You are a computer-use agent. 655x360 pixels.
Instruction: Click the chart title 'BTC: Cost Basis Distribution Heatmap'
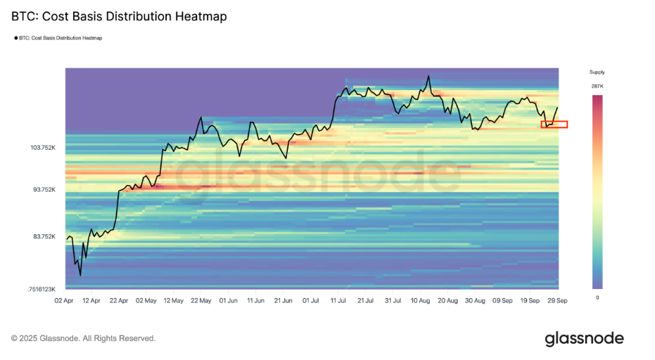[119, 16]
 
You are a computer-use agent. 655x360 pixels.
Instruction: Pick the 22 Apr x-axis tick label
[118, 300]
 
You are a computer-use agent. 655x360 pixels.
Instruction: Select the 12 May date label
[172, 300]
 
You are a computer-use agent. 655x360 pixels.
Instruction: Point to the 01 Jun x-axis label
[227, 300]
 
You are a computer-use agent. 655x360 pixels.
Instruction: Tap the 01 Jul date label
[310, 300]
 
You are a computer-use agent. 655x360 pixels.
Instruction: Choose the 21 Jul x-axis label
[365, 300]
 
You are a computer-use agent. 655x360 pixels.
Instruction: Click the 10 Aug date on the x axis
[421, 300]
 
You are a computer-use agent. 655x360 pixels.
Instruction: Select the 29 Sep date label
[558, 300]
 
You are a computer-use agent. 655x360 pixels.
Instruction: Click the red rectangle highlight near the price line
[554, 124]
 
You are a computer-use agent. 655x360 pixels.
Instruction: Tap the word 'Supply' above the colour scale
[597, 72]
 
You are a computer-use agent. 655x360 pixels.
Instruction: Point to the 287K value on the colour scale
[597, 86]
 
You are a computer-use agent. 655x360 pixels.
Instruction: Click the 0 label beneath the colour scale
[597, 298]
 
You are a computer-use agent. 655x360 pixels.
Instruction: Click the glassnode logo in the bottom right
[584, 339]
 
